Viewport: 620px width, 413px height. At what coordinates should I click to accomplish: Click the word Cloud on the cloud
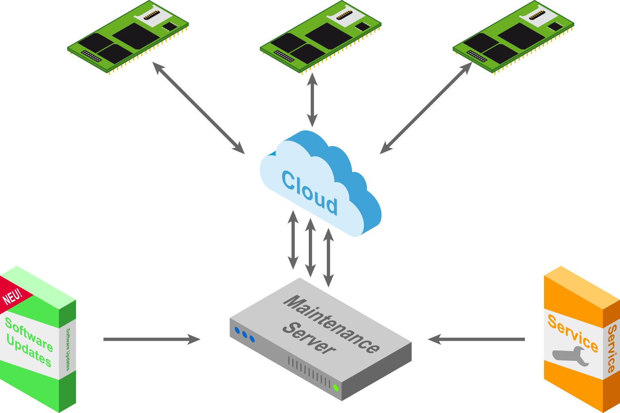[x=310, y=193]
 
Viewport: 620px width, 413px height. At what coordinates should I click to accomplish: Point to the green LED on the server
[x=336, y=387]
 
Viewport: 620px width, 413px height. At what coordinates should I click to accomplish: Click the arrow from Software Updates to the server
[x=151, y=339]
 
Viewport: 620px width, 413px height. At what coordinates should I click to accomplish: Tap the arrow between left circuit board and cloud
[x=198, y=107]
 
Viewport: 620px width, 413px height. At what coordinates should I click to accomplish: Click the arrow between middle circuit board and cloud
[x=312, y=99]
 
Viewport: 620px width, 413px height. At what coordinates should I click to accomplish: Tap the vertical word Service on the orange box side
[x=612, y=349]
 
